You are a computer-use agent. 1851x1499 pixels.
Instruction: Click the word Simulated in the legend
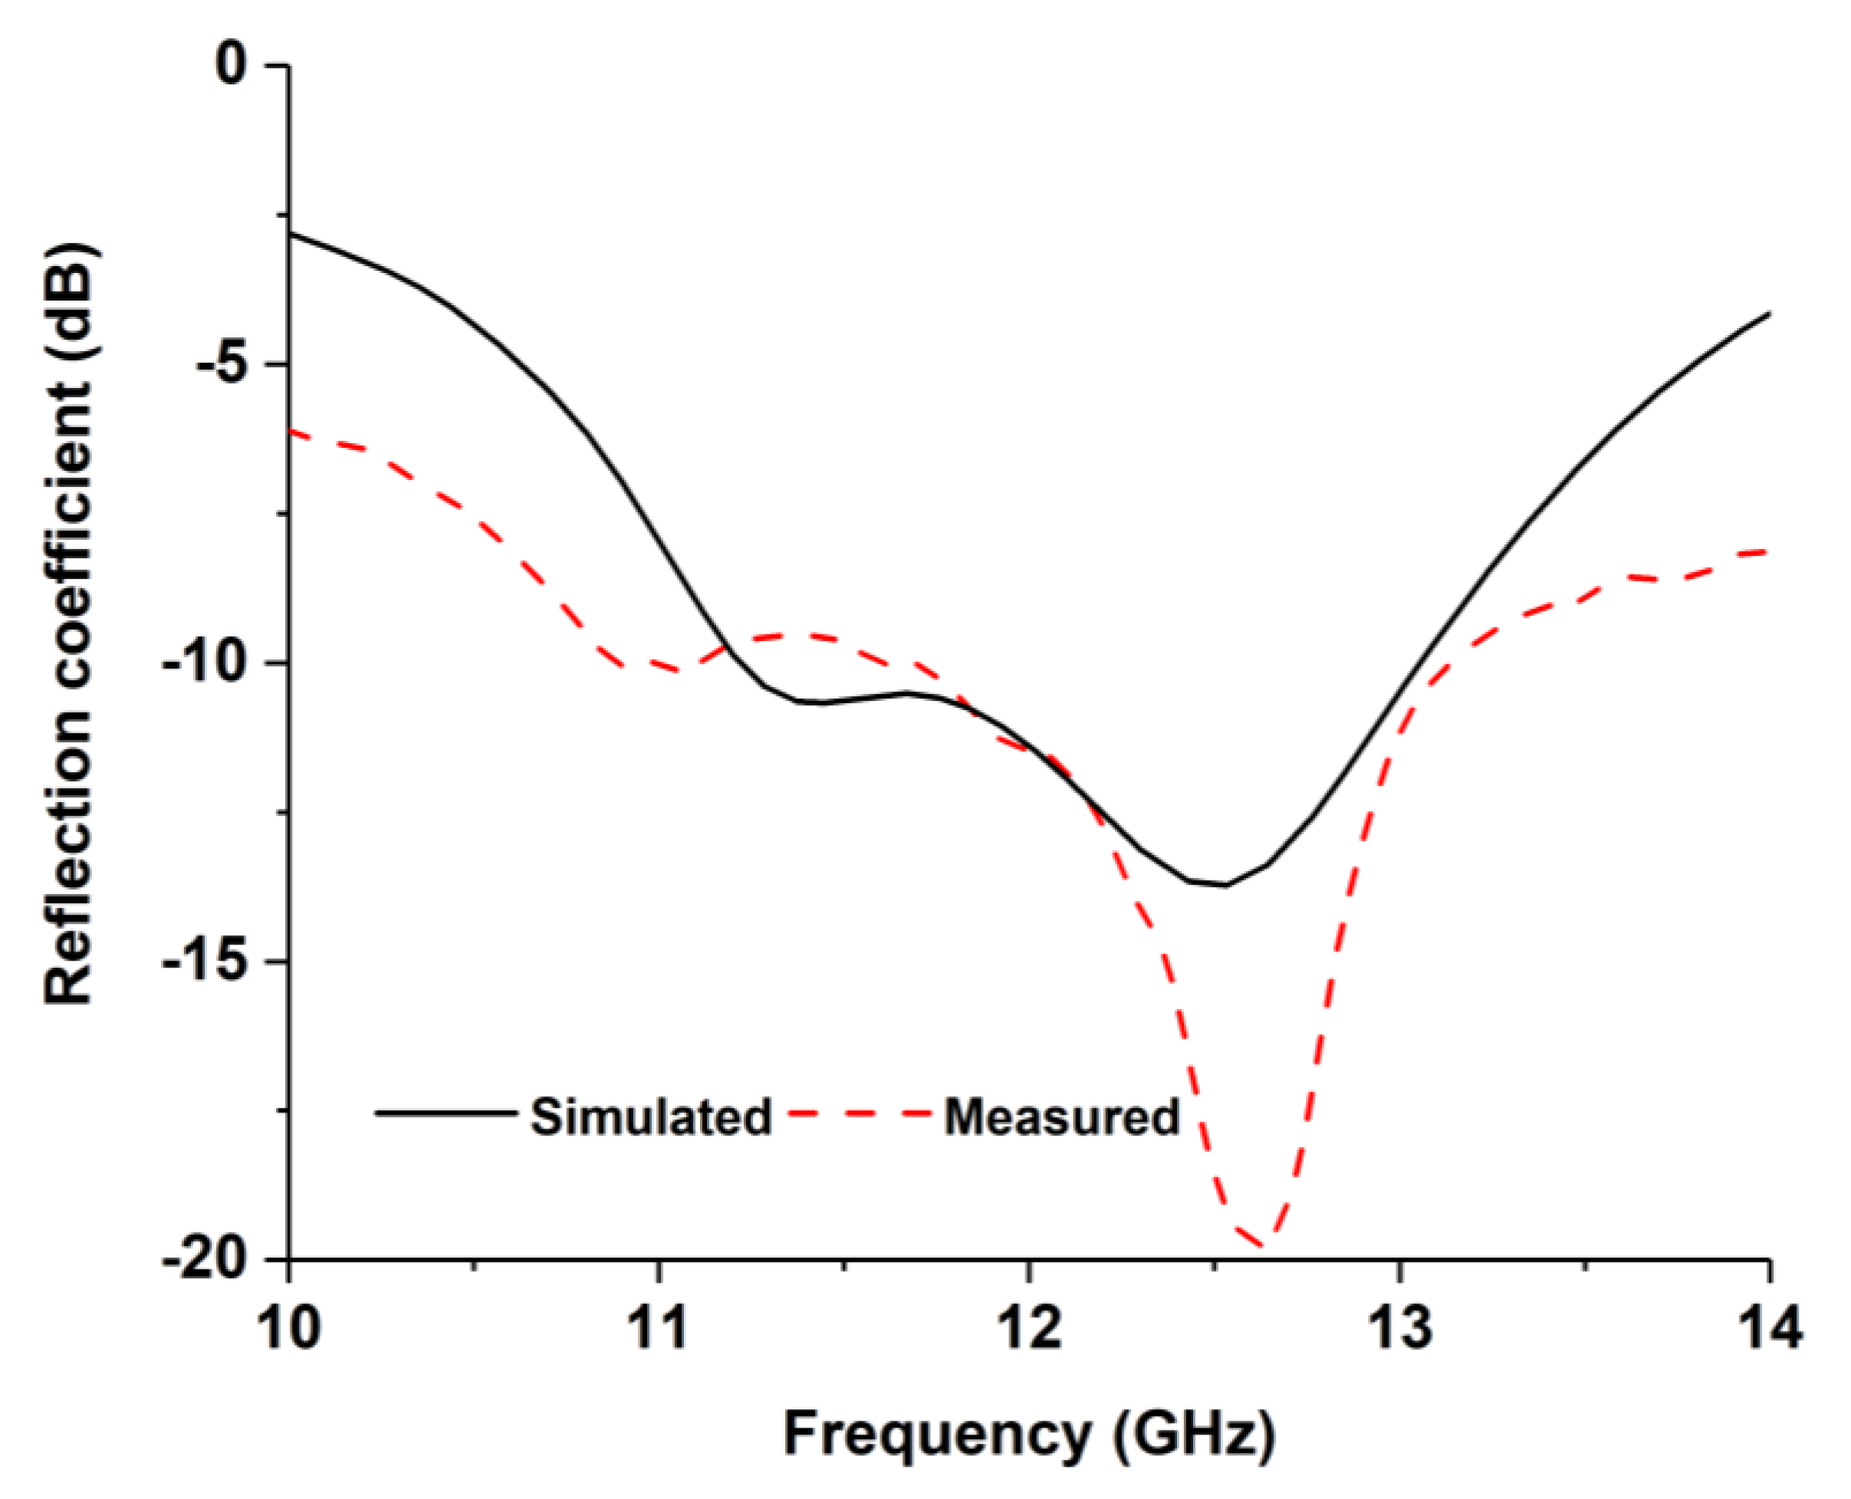point(650,1116)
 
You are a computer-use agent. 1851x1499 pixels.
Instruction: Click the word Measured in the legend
point(1061,1116)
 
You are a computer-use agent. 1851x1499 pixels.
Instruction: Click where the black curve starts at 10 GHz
point(290,234)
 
